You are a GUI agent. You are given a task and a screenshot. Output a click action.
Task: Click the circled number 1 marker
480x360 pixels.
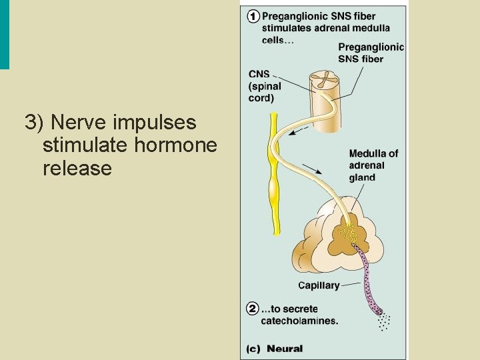pos(253,17)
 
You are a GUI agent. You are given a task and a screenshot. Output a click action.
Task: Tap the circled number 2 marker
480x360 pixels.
pos(253,309)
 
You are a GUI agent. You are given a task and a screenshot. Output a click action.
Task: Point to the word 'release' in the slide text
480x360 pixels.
pos(77,168)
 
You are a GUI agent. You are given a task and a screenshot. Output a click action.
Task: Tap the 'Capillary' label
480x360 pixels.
pos(318,285)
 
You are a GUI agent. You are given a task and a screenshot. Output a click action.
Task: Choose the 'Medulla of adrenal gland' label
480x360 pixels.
pos(373,165)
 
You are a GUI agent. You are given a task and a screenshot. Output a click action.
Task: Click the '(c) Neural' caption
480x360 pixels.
pos(275,348)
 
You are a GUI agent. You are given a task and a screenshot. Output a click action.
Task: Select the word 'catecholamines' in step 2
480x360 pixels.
pos(299,321)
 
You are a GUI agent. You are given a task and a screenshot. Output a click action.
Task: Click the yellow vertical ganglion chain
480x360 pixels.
pos(274,173)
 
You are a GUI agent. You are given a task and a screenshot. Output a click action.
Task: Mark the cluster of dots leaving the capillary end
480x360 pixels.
pos(383,323)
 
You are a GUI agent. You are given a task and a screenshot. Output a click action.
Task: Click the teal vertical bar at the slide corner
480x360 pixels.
pos(5,34)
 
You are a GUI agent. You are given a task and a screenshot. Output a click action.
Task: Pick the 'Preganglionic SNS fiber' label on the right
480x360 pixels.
pos(371,53)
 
